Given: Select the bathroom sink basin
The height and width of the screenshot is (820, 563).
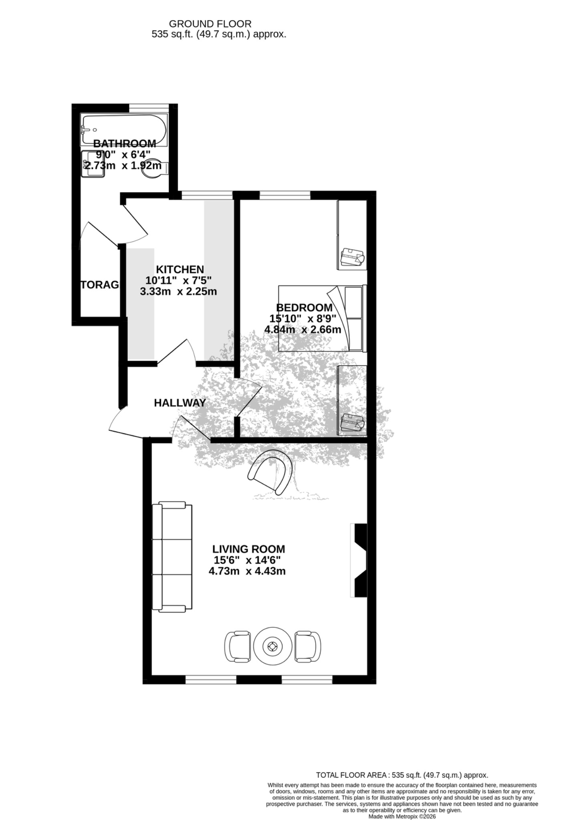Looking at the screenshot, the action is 93,164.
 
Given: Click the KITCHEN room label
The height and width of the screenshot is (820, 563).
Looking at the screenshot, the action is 180,269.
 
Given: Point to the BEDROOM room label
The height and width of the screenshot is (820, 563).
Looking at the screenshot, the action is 305,308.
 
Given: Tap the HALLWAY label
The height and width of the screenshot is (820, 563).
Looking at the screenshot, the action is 180,403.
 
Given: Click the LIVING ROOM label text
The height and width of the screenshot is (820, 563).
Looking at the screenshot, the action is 249,549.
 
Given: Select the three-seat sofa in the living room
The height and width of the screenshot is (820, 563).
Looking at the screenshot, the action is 172,557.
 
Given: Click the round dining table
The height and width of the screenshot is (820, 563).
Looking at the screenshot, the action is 272,646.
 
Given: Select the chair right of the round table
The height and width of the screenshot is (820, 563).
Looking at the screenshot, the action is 308,646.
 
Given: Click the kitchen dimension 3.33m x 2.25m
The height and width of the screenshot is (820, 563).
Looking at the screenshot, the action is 178,291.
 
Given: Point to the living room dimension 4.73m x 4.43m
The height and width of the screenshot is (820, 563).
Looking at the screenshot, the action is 247,571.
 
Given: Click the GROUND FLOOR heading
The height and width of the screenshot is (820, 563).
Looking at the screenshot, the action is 210,24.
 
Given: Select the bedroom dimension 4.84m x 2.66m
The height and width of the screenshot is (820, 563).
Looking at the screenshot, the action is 303,330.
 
